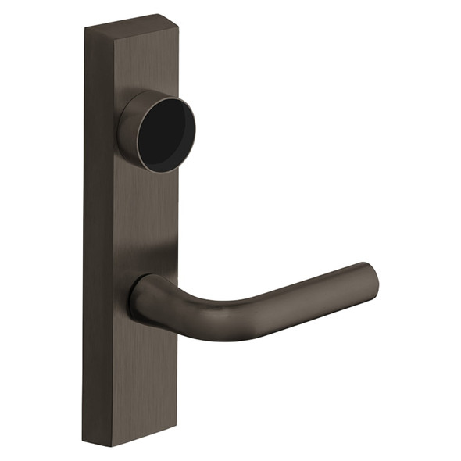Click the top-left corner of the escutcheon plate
(x=85, y=29)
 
